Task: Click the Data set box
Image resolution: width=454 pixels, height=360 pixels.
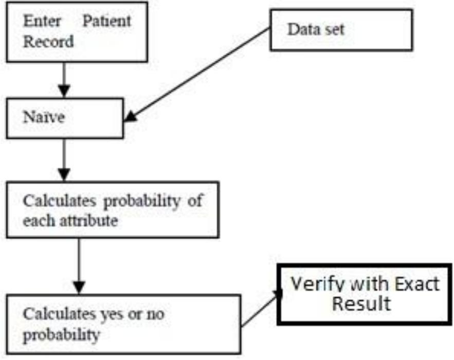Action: click(x=341, y=29)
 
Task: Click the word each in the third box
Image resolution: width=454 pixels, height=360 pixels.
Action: click(x=39, y=221)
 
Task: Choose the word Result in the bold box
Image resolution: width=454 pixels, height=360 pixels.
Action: click(x=360, y=303)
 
